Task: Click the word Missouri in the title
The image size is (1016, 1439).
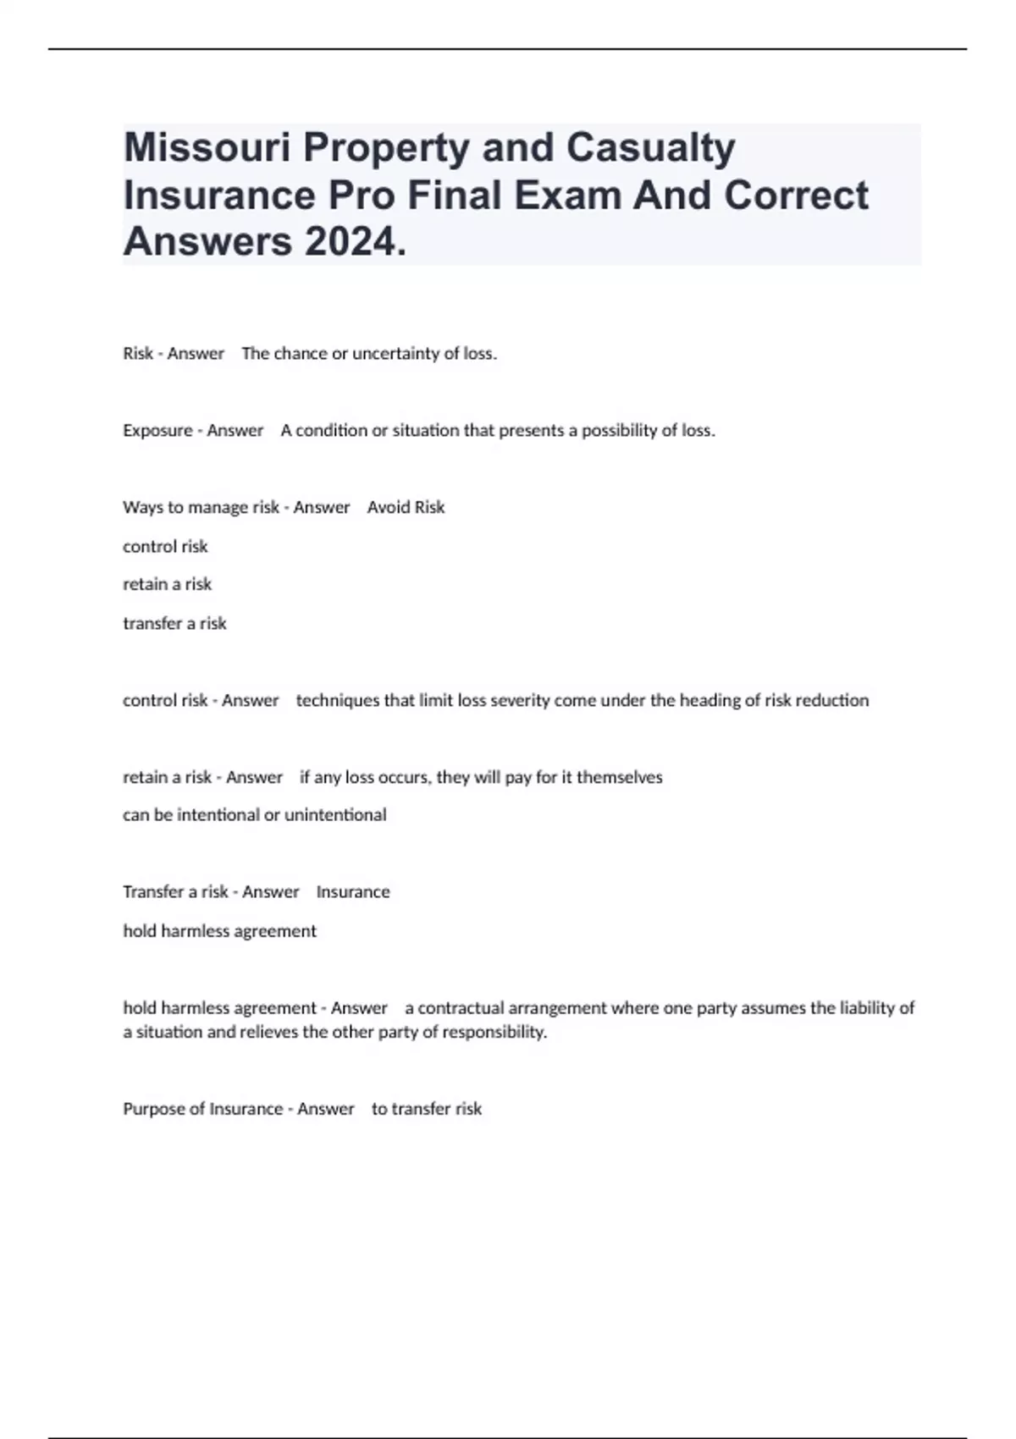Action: coord(207,147)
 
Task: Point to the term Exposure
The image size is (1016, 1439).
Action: coord(157,430)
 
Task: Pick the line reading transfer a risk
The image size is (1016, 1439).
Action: coord(174,623)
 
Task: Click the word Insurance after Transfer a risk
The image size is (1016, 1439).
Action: coord(353,891)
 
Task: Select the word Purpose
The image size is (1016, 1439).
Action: coord(152,1109)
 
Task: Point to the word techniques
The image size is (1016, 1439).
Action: coord(337,700)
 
